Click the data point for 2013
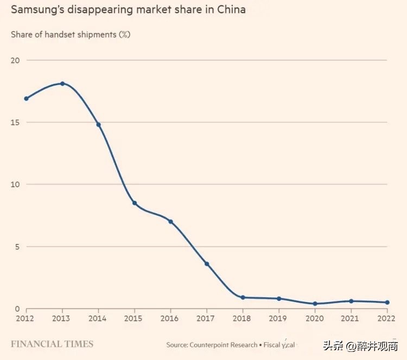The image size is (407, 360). [62, 83]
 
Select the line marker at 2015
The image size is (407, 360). [135, 203]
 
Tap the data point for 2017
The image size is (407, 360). [207, 264]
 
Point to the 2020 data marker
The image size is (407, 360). [315, 304]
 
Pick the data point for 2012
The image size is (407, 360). [26, 99]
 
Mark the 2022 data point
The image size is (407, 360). [387, 303]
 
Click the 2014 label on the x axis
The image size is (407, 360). [98, 318]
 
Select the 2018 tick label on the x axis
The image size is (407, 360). [243, 318]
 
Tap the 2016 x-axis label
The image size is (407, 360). [170, 318]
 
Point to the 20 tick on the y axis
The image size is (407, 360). [15, 60]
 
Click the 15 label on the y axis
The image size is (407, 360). [15, 123]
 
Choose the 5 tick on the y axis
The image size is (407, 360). [17, 247]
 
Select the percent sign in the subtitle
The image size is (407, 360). [125, 35]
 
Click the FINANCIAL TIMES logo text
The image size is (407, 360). [52, 344]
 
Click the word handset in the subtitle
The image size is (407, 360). [61, 35]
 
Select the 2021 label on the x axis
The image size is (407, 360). [351, 318]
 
